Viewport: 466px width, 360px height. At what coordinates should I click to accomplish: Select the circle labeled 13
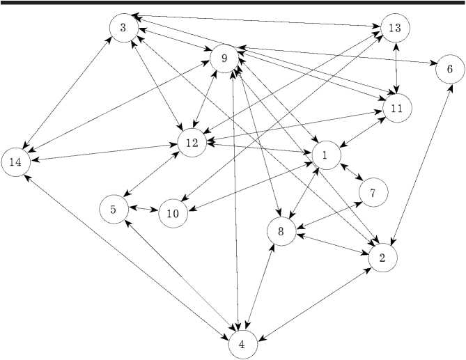click(395, 28)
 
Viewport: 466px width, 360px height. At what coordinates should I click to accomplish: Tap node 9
click(224, 58)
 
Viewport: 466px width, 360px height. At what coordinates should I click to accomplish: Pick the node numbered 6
click(449, 70)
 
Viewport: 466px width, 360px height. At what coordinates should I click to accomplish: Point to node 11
click(397, 109)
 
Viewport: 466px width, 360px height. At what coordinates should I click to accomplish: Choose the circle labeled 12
click(192, 143)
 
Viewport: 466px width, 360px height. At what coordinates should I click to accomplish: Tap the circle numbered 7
click(373, 193)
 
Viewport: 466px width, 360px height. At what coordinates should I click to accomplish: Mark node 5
click(114, 208)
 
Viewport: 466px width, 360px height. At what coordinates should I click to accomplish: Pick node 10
click(173, 214)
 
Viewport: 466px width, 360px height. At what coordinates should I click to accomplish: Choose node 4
click(242, 344)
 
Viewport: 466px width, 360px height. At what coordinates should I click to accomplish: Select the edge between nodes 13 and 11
click(396, 68)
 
